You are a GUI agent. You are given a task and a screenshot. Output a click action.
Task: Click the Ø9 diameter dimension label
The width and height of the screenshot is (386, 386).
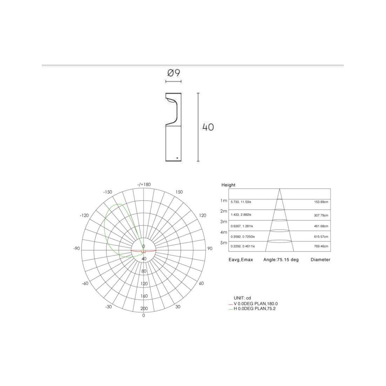click(174, 73)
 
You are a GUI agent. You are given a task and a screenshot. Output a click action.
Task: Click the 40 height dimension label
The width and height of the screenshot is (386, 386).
click(208, 127)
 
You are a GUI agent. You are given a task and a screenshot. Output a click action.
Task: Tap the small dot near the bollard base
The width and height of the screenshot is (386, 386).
click(177, 158)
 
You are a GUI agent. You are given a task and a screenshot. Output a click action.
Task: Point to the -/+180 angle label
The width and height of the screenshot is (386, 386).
click(144, 184)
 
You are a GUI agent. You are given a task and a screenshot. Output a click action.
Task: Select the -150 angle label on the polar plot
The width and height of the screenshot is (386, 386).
click(108, 192)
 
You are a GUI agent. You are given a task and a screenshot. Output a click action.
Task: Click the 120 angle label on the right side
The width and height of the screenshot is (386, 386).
click(202, 215)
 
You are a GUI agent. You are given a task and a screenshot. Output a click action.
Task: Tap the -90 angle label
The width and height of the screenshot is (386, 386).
click(76, 248)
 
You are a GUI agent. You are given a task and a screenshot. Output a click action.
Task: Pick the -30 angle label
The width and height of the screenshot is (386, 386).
click(108, 307)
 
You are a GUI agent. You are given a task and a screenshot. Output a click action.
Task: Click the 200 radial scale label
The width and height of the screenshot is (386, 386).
click(144, 308)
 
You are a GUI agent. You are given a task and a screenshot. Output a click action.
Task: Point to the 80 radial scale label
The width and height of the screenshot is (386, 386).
click(144, 271)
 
